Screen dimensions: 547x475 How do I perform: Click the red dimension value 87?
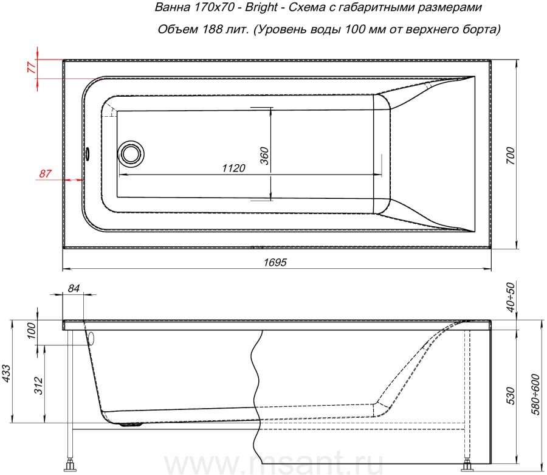point(45,173)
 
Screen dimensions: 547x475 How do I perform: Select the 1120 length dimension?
point(233,168)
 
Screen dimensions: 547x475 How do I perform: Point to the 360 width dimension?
point(264,156)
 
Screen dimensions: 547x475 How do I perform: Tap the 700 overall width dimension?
point(510,156)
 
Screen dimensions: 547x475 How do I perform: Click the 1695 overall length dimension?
point(275,262)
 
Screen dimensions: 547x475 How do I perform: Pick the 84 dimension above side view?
point(74,288)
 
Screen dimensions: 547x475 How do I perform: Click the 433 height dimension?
point(7,373)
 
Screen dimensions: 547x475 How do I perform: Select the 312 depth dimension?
point(38,386)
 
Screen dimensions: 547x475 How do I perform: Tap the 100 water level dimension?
point(31,330)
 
